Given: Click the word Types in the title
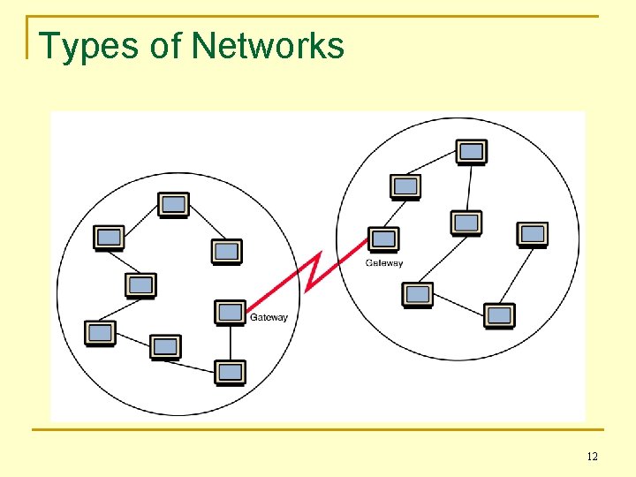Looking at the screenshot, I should pos(89,46).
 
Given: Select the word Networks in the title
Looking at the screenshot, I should pos(268,46).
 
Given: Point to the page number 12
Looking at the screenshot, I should pos(592,457).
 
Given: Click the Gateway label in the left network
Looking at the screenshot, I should pos(269,318).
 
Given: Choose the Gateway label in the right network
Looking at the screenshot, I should pos(384,263).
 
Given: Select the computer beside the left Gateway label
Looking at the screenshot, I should pos(231,313).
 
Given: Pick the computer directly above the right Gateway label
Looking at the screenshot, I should pos(383,239).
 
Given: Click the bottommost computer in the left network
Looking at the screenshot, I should pos(231,373).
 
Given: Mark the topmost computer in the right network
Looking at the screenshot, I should pos(472,152).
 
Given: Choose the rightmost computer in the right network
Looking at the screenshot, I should pos(533,234).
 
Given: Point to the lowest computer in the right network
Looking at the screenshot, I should pos(499,315).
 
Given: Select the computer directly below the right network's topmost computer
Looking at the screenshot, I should pos(466,223).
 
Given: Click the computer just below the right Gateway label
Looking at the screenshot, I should pos(417,295).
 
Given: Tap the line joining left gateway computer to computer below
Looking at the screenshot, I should pos(231,343).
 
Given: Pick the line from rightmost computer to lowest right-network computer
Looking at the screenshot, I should pos(517,274).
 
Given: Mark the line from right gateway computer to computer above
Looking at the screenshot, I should pos(394,213).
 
